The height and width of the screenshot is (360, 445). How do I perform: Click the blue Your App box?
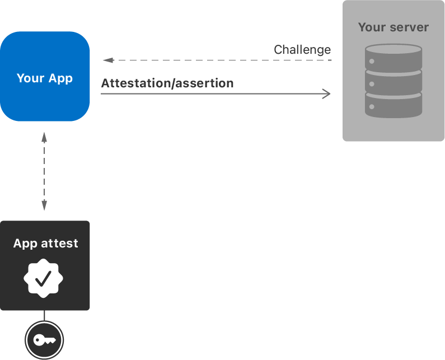45,101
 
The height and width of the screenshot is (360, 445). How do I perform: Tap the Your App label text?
45,78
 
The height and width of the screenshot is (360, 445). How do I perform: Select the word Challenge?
302,50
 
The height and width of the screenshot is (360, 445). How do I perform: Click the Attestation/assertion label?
167,83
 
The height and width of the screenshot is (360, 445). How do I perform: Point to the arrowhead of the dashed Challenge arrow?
107,60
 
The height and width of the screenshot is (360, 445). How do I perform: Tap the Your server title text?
393,27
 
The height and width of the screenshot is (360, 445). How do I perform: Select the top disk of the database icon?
393,56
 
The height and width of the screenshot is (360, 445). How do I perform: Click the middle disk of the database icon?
393,81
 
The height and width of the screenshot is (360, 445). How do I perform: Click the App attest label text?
45,244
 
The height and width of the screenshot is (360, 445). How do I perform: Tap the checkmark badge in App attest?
44,278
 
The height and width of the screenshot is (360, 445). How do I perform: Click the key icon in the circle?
44,340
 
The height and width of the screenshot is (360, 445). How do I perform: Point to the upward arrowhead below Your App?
44,136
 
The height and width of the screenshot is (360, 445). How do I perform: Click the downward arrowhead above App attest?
44,206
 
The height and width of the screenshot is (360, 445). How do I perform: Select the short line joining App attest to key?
44,315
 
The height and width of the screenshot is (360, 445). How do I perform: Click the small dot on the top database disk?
372,60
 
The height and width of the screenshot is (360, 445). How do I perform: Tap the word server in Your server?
409,27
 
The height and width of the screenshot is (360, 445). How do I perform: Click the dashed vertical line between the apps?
44,171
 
